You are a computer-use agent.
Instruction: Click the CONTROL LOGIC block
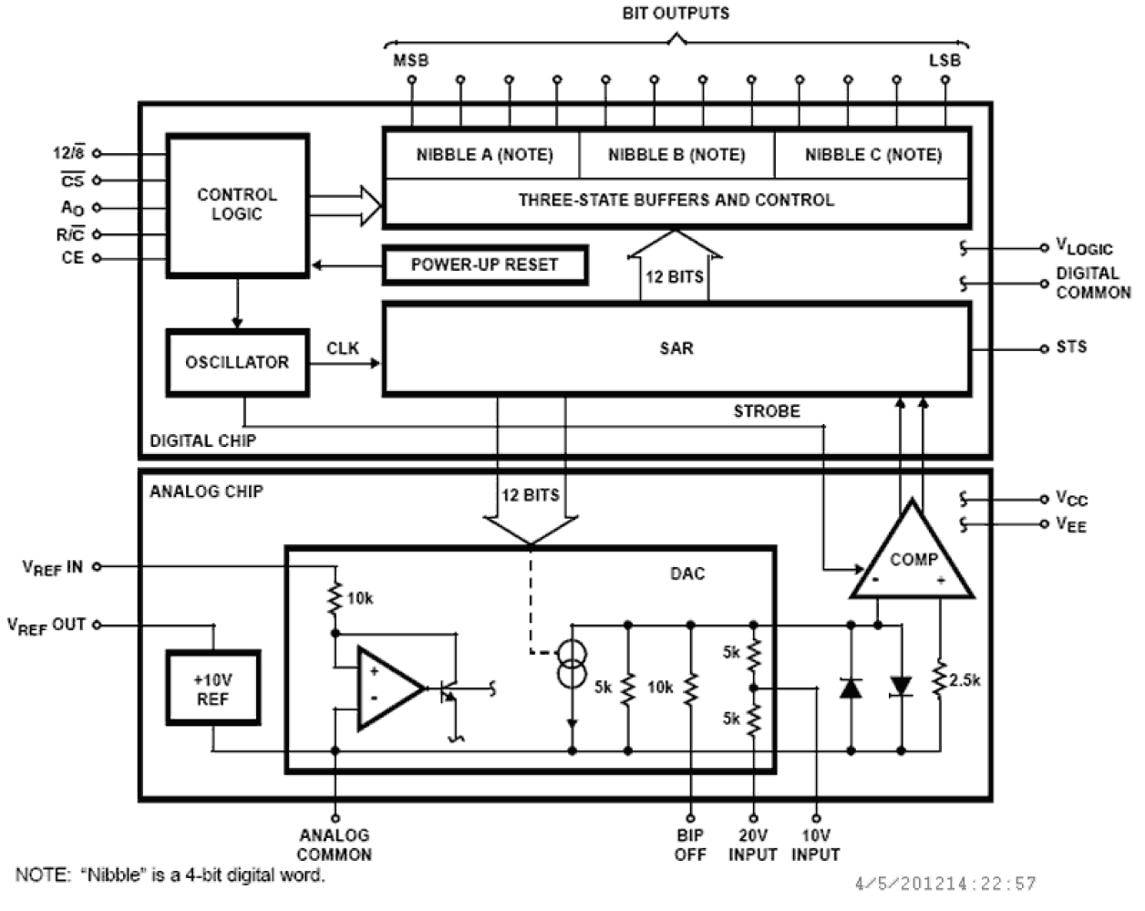(237, 205)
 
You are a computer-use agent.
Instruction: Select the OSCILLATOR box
(237, 362)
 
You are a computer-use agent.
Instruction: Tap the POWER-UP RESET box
(484, 265)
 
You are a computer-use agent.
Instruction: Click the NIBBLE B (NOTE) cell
(676, 155)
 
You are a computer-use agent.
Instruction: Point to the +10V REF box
(212, 689)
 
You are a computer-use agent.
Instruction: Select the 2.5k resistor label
(964, 680)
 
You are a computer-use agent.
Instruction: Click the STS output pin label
(1071, 347)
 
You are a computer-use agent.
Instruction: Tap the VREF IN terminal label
(52, 567)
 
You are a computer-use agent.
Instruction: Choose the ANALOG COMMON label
(335, 845)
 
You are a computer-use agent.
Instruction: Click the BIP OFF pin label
(690, 845)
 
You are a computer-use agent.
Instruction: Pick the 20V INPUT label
(753, 845)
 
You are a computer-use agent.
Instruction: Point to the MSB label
(410, 60)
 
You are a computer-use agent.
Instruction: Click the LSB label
(944, 60)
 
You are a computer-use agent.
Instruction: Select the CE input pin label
(73, 258)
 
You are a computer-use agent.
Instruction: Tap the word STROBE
(767, 411)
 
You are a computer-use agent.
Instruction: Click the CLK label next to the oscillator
(343, 348)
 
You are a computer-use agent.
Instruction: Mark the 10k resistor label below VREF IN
(360, 599)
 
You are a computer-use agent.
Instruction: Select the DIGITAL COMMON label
(1092, 283)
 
